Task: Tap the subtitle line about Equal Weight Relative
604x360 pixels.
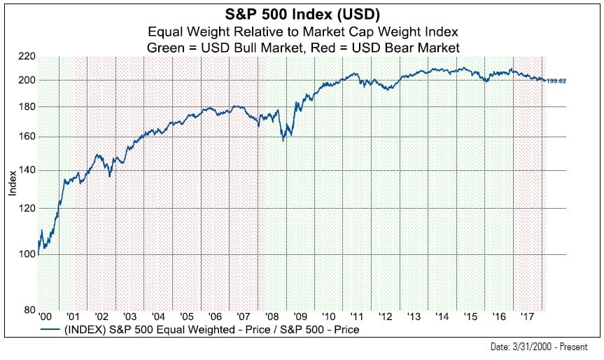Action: pos(302,32)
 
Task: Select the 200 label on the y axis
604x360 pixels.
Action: pos(26,80)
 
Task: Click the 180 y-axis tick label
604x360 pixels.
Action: pos(26,106)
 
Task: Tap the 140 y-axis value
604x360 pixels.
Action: pos(26,170)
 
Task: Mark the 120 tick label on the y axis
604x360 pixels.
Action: pos(26,209)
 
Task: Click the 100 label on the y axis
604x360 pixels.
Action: pos(26,254)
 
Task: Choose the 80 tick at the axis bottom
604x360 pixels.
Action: pos(28,310)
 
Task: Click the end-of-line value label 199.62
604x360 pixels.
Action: pos(556,81)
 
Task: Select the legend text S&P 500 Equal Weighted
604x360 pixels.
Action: pos(210,328)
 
